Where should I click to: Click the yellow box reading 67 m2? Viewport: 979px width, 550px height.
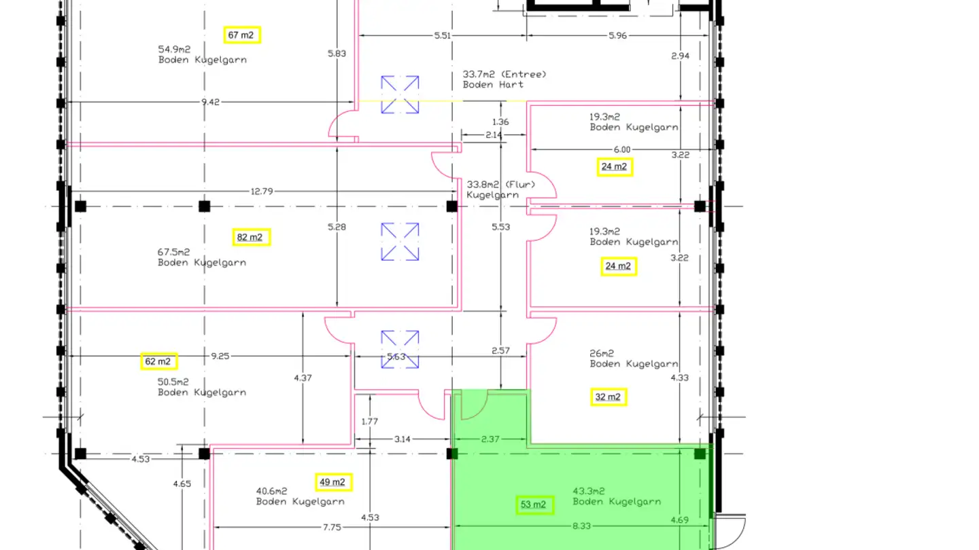(x=242, y=35)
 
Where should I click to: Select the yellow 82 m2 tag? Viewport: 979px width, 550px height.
(x=251, y=237)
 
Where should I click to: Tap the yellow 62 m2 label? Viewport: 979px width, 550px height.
(x=159, y=361)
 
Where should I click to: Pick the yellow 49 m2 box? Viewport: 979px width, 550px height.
(x=333, y=482)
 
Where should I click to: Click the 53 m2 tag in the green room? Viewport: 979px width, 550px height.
(x=534, y=505)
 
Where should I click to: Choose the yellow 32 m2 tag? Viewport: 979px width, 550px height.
(x=608, y=397)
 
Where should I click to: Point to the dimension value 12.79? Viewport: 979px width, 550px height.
(x=261, y=191)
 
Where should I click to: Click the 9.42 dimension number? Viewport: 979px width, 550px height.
(x=211, y=102)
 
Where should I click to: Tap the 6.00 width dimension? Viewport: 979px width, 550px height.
(x=622, y=149)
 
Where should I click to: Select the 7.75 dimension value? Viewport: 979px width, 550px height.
(x=332, y=526)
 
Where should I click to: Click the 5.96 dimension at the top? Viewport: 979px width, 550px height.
(x=617, y=35)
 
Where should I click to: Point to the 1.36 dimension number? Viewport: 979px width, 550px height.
(x=500, y=122)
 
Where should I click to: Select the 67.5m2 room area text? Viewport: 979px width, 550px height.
(x=174, y=252)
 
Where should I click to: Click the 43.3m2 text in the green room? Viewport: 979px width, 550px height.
(x=589, y=491)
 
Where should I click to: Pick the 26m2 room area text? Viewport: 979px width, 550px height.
(x=602, y=353)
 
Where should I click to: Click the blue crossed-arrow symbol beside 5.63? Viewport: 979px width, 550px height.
(x=400, y=350)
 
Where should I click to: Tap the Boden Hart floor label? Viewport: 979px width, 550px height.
(x=493, y=85)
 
